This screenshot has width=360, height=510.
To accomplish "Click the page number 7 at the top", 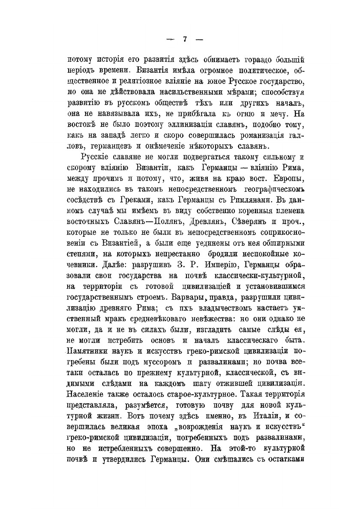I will (x=185, y=39).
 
